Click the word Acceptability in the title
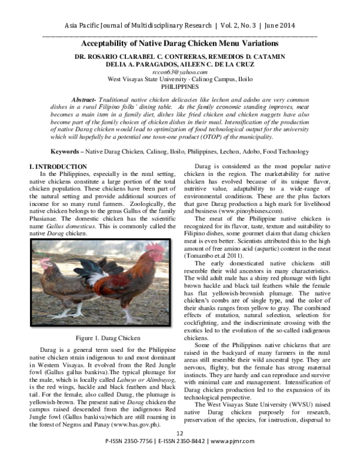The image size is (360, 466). point(111,44)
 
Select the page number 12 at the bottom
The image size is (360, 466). point(179,450)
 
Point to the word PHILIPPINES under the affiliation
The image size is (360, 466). point(180,86)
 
